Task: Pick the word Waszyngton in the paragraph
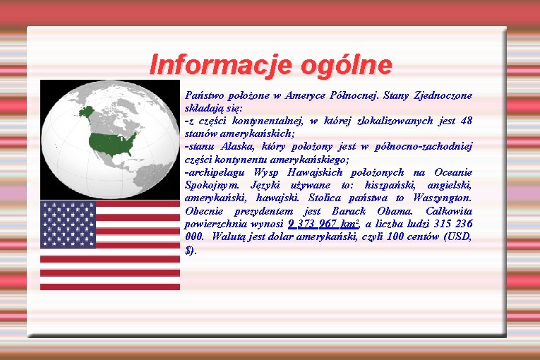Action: (x=443, y=198)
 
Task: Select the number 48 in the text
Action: (x=465, y=120)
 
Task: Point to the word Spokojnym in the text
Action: (x=212, y=185)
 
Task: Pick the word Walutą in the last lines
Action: (x=228, y=237)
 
